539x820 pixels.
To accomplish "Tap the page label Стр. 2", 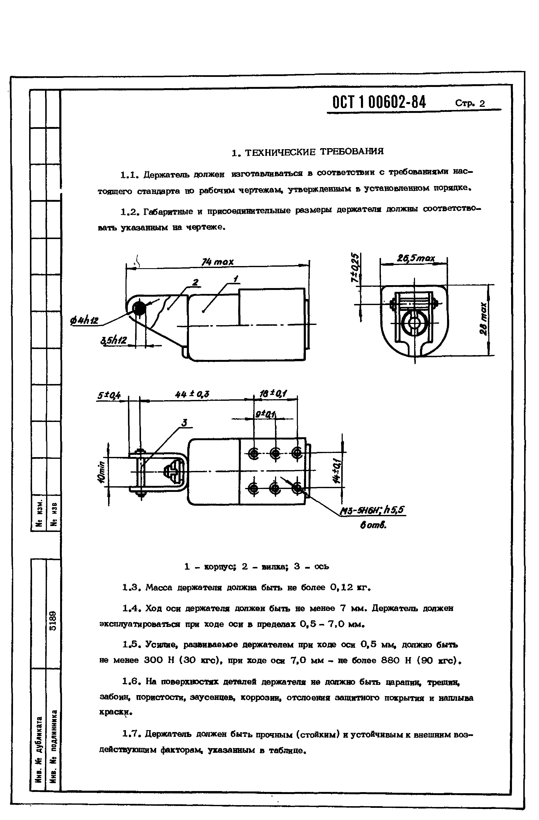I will coord(470,103).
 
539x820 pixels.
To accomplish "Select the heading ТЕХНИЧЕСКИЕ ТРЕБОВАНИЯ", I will coord(308,152).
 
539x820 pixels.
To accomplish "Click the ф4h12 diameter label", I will coord(84,321).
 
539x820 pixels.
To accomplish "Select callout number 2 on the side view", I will coord(195,283).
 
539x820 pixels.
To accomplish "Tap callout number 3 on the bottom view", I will coord(184,423).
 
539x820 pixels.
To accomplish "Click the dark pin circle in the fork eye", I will coord(139,308).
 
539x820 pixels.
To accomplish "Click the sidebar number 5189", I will coord(53,620).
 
